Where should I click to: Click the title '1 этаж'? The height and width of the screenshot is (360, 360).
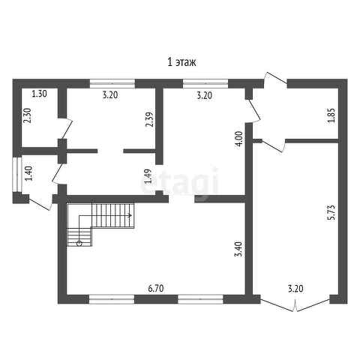pos(181,62)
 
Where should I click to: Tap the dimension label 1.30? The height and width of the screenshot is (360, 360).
pos(40,94)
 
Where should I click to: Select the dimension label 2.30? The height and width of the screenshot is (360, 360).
pos(27,115)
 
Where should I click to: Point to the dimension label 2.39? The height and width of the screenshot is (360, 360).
pos(149,119)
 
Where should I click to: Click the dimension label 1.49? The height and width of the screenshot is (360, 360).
pos(148,176)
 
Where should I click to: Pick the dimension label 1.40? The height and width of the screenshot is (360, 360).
pos(29,173)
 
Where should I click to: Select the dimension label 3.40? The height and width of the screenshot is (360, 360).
pos(239,249)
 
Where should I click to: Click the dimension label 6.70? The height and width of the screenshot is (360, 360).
pos(156,289)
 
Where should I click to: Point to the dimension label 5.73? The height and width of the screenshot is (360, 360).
pos(331,212)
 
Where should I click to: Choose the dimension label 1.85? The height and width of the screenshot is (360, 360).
pos(331,115)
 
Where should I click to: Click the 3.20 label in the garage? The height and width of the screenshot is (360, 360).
pos(295,289)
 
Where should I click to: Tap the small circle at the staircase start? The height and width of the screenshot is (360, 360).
pos(79,243)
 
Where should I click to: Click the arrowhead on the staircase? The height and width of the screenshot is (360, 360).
pos(130,215)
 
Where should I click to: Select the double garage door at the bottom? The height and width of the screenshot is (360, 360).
pos(295,304)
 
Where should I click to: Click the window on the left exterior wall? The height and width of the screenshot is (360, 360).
pos(17,174)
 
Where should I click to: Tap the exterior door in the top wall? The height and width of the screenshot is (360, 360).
pos(276,79)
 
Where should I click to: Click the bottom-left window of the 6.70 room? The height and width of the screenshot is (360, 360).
pos(112,299)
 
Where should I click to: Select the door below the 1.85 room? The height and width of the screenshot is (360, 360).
pos(274,145)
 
